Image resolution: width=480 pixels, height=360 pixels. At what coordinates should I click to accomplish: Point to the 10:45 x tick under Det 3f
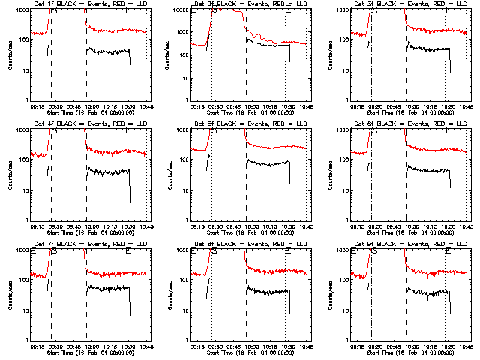(x=466, y=106)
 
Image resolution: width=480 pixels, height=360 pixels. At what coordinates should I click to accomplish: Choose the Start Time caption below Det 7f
(x=90, y=351)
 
